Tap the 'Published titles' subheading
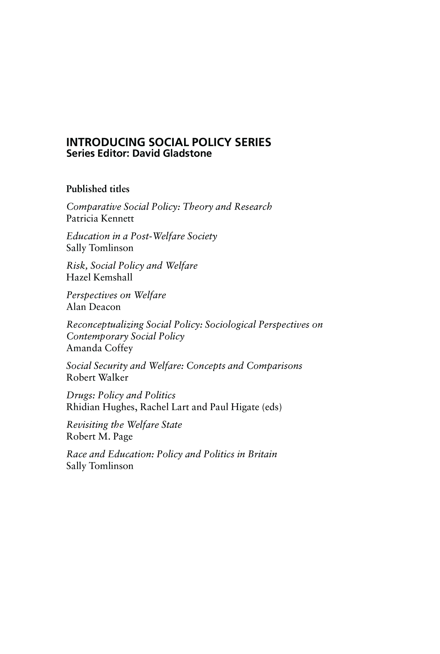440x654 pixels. coord(98,189)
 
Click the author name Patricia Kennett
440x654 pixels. coord(100,218)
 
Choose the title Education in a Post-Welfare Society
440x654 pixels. coord(141,236)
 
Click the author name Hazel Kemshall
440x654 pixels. coord(99,277)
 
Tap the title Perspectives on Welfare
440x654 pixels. coord(116,295)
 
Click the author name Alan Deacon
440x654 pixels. coord(93,307)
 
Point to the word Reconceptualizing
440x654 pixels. coord(105,325)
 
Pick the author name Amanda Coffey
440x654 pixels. coord(99,348)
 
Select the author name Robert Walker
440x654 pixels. coord(97,377)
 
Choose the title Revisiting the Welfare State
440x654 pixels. coord(124,424)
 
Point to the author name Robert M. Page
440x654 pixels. coord(99,436)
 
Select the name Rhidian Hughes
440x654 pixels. coord(102,407)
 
